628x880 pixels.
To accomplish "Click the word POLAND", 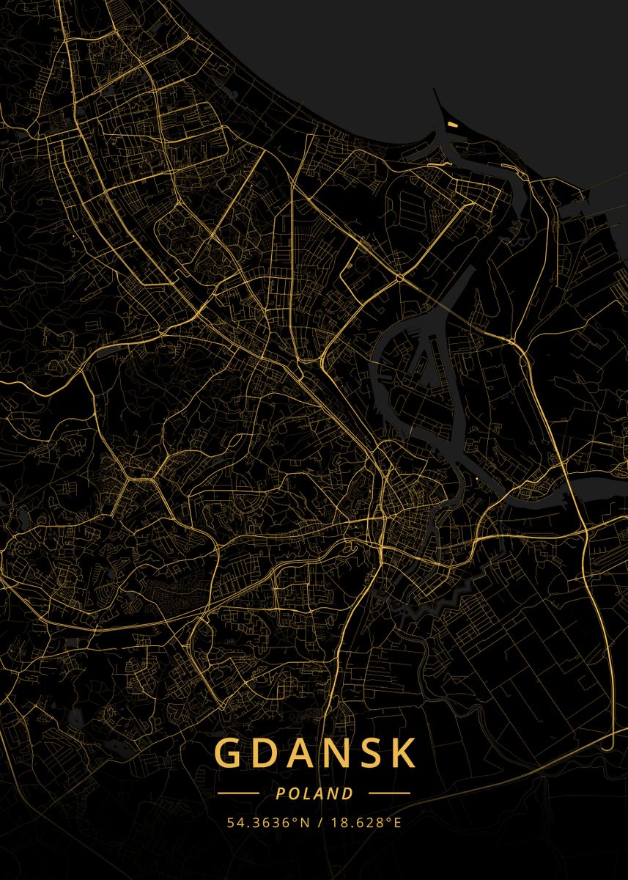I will (314, 793).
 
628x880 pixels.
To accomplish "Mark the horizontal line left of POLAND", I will (238, 793).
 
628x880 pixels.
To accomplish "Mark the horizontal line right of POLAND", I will (389, 793).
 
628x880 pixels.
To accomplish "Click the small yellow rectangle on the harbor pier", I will (453, 125).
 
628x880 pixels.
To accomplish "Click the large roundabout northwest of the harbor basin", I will (399, 278).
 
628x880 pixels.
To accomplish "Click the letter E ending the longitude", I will (397, 822).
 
